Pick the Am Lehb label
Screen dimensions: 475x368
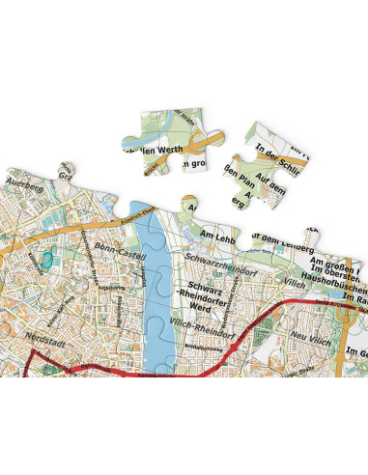point(218,234)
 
